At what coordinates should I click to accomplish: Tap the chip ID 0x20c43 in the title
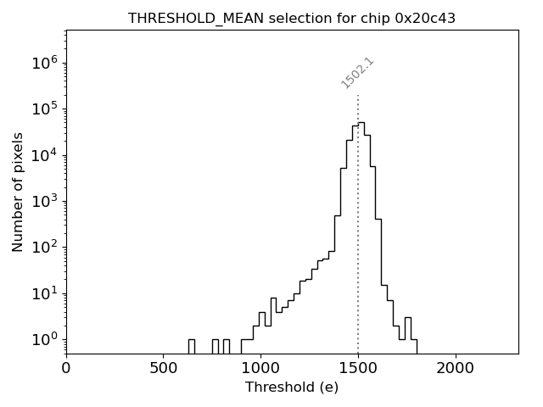click(425, 18)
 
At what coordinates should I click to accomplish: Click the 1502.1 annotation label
click(357, 73)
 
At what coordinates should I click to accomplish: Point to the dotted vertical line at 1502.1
click(358, 212)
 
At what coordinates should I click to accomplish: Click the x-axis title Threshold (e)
click(292, 387)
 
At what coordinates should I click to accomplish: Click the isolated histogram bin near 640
click(191, 346)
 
